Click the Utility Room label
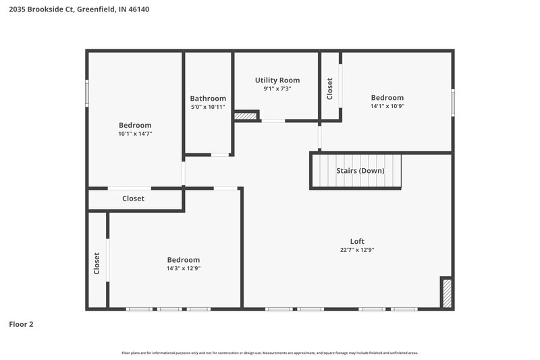coord(277,80)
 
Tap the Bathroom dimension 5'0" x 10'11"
coord(208,107)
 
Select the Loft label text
coord(357,241)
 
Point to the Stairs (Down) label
coord(360,171)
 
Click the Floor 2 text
coord(21,324)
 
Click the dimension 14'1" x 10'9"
coord(387,106)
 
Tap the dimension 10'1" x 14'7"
coord(135,134)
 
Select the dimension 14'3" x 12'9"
coord(184,268)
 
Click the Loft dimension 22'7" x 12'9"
coord(357,250)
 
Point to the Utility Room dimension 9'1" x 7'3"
coord(277,88)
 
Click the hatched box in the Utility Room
coord(246,116)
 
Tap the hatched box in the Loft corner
coord(446,293)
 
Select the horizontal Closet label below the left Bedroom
coord(133,199)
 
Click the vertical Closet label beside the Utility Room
coord(330,88)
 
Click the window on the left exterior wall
coord(86,93)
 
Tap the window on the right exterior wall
coord(453,102)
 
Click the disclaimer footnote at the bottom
coord(270,353)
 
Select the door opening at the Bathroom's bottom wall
coord(220,155)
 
